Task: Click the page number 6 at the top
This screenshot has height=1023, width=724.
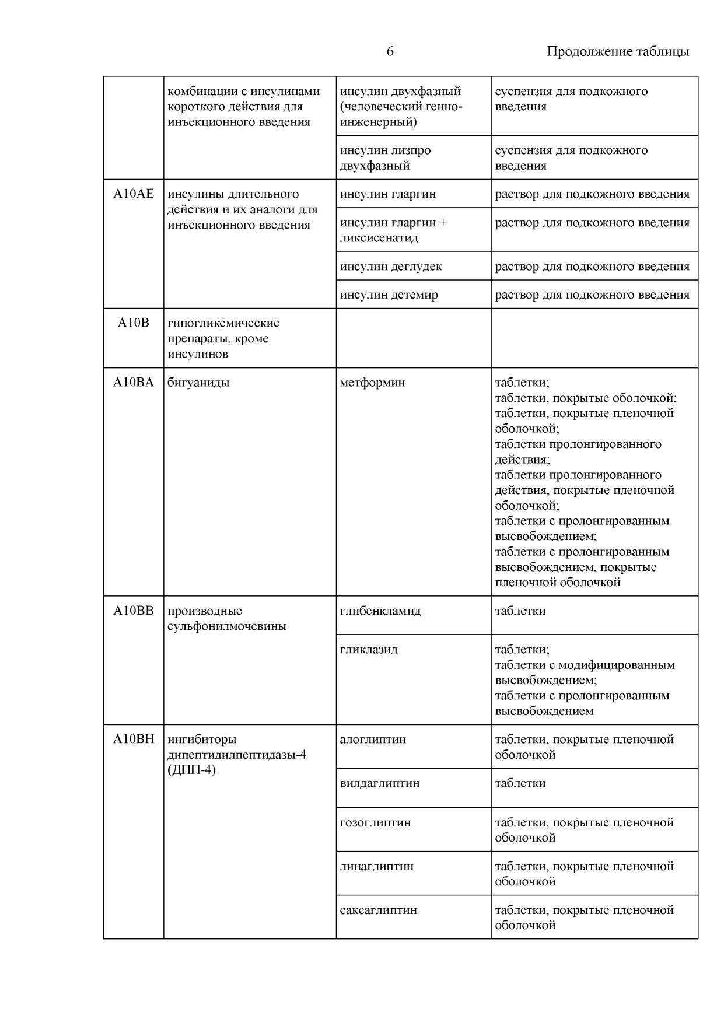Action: pos(390,52)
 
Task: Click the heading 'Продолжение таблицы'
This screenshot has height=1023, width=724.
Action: pos(617,52)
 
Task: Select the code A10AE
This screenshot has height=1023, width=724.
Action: pos(134,194)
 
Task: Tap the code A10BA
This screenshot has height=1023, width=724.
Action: pos(134,383)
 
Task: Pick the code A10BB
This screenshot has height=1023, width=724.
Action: pos(134,611)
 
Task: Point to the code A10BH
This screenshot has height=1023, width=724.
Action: pos(134,740)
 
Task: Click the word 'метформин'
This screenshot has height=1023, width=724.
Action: pos(372,383)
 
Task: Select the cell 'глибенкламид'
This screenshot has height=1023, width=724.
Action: pos(380,611)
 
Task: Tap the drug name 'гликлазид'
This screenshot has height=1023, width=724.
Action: pos(369,649)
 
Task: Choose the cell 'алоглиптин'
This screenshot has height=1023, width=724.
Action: pos(373,740)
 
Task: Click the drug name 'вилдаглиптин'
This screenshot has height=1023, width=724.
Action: pos(379,783)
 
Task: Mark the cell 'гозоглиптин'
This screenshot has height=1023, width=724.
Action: pos(375,822)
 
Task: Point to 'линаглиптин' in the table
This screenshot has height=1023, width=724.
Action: pos(376,866)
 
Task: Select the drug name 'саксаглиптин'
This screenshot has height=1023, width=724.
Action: pos(378,910)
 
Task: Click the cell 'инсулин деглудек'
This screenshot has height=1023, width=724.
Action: pos(391,267)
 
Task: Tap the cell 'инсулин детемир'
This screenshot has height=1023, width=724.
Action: pos(389,295)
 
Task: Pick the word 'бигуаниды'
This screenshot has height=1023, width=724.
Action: pos(198,383)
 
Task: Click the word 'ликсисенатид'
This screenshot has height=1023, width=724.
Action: pos(379,238)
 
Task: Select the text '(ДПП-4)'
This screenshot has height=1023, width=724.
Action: pos(191,770)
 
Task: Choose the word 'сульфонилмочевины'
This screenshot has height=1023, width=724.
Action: pos(227,626)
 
